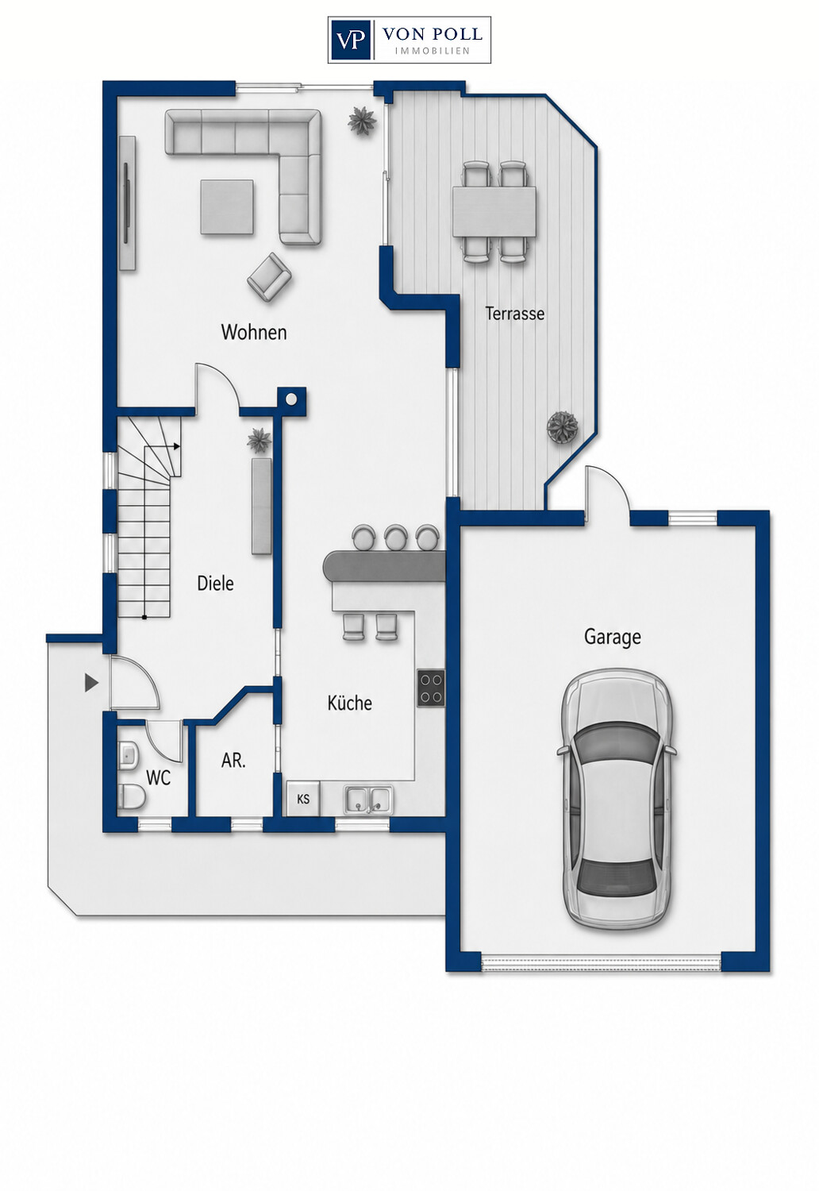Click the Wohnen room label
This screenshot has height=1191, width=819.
(253, 333)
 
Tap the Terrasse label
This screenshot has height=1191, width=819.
(514, 313)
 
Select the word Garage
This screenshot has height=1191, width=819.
(612, 637)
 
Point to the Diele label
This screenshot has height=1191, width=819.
(215, 584)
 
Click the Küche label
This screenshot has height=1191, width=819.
(349, 703)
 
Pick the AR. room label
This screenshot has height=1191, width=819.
(233, 761)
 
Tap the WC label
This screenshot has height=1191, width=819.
(159, 778)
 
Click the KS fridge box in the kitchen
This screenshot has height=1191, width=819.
(303, 798)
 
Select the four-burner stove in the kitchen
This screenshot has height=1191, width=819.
(430, 688)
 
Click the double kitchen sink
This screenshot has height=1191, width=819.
(368, 799)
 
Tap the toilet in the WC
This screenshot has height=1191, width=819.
(132, 796)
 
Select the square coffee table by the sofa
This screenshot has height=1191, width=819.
(227, 206)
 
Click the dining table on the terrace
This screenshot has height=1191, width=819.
(494, 211)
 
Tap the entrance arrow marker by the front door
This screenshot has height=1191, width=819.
(92, 683)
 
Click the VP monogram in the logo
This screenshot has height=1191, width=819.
(350, 40)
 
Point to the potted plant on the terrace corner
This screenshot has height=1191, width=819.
(563, 427)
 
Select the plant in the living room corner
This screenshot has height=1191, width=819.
(362, 121)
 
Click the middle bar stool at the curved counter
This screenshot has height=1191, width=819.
(395, 538)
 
